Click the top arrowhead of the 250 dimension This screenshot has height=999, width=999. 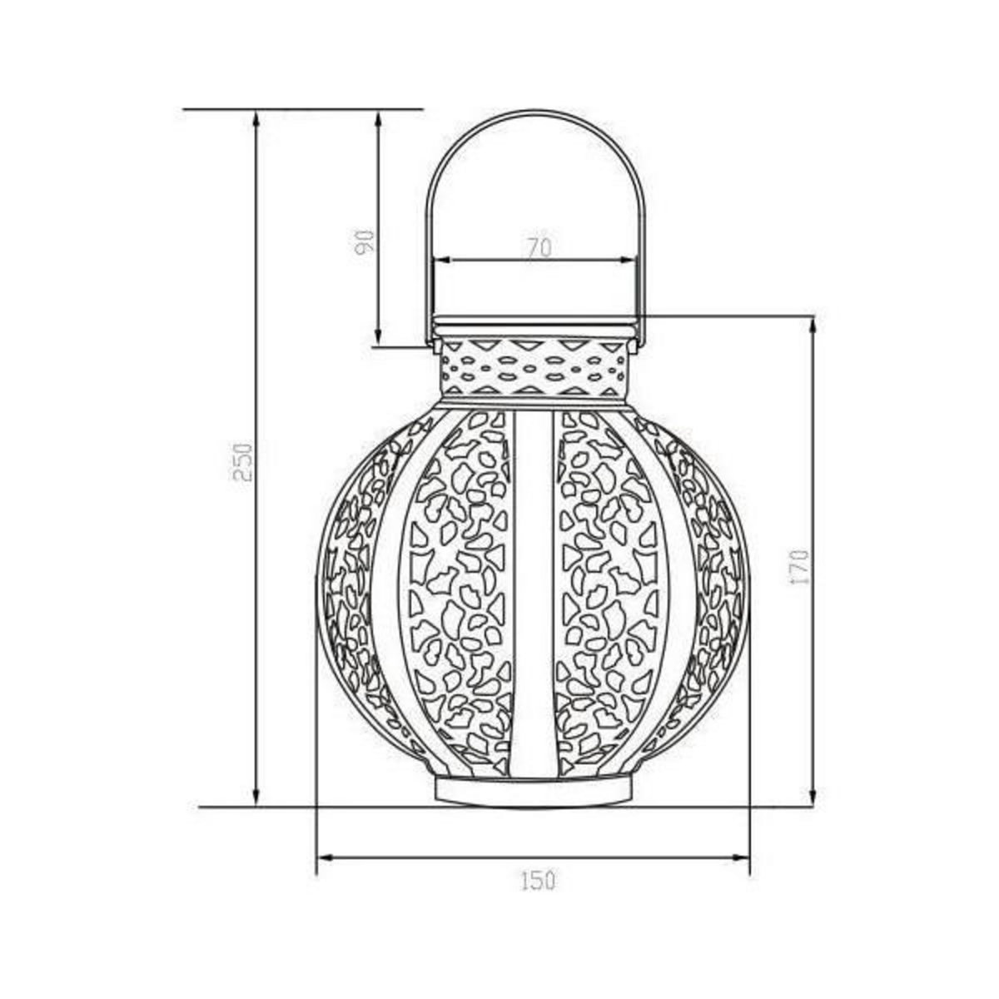[256, 117]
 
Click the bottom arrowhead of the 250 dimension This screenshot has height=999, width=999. [256, 813]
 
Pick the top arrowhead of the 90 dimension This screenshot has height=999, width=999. [379, 118]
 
